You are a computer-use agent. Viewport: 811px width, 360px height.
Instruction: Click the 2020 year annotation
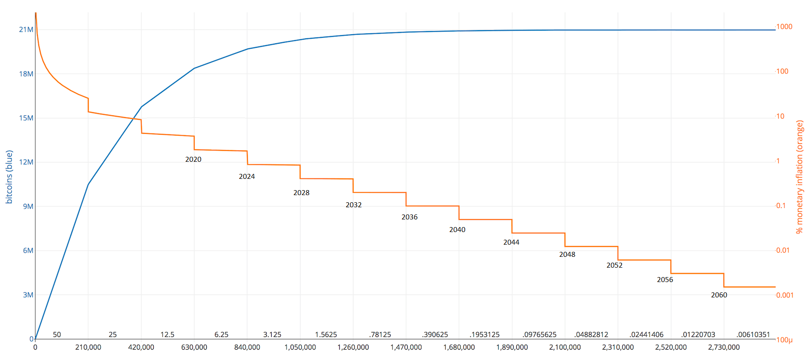tap(193, 159)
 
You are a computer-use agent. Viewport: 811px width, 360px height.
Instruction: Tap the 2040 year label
tap(457, 230)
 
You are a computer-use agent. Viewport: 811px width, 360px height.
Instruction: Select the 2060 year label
tap(719, 295)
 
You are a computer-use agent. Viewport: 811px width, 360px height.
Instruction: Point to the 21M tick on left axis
tap(26, 30)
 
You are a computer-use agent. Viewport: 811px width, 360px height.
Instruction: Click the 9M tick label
tap(28, 206)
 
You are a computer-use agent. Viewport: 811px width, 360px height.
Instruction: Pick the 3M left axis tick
tap(28, 295)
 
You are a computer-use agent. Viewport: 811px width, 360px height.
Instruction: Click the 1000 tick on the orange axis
tap(784, 27)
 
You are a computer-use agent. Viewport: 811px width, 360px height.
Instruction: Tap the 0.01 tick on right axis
tap(783, 251)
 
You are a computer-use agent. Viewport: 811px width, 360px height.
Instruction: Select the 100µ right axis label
tap(784, 340)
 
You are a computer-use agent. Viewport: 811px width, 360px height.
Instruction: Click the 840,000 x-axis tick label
tap(247, 347)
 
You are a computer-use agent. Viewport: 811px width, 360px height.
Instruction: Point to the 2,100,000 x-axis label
tap(565, 347)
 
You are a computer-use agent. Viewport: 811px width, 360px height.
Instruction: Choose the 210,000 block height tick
tap(88, 347)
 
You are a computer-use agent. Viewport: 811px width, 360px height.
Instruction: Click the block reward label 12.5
tap(167, 335)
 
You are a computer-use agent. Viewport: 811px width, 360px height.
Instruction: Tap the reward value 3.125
tap(272, 335)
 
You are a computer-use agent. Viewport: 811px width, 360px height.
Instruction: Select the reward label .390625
tap(435, 335)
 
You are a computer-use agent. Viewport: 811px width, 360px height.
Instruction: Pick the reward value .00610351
tap(753, 335)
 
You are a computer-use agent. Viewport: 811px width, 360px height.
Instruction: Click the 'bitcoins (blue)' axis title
tap(9, 177)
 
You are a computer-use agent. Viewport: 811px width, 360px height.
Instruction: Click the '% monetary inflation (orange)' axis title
tap(800, 177)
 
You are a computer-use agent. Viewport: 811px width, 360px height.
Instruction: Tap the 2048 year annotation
tap(567, 255)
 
